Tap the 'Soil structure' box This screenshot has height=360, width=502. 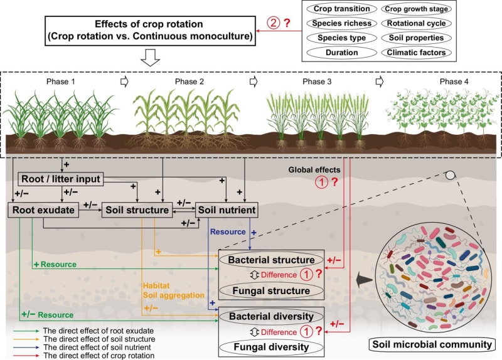pyautogui.click(x=136, y=211)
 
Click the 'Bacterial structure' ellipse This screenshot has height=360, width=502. pyautogui.click(x=270, y=260)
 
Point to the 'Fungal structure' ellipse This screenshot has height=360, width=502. pyautogui.click(x=270, y=290)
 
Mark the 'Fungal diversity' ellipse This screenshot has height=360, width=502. pyautogui.click(x=270, y=346)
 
